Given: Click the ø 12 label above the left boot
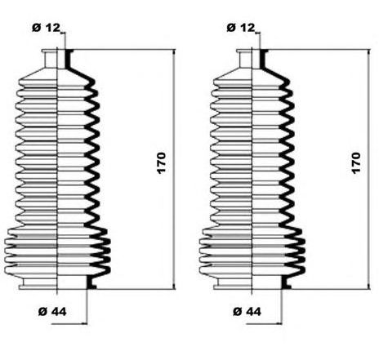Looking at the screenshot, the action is tap(46, 28).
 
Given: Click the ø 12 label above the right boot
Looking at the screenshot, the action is tap(241, 28).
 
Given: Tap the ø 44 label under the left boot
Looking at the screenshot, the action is tap(52, 312).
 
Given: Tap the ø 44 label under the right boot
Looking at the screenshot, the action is tap(247, 312).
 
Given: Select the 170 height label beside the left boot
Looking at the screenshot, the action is tap(161, 163).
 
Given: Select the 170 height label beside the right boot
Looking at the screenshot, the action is tap(356, 163).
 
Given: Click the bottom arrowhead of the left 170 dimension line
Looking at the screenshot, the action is tap(174, 286).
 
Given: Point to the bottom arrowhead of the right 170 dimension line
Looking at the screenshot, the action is tap(369, 286).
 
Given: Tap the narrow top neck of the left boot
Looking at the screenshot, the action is tap(51, 59).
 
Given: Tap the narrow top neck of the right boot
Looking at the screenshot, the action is tap(246, 59).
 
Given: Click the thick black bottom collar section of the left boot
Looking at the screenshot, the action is tap(91, 282).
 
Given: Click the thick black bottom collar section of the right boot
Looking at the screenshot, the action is tap(285, 282).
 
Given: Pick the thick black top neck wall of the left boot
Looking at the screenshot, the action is tap(68, 59).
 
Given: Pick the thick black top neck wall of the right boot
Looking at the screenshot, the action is tap(263, 59).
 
